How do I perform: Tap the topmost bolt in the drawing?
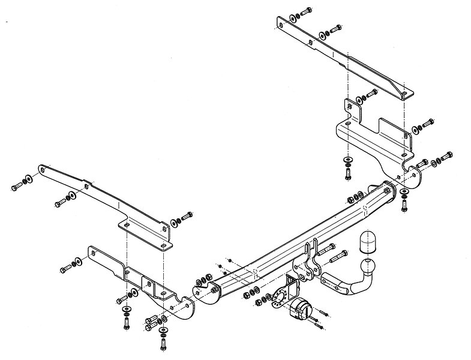tap(305, 11)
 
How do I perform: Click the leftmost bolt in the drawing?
tap(16, 187)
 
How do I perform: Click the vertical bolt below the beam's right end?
tap(403, 205)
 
